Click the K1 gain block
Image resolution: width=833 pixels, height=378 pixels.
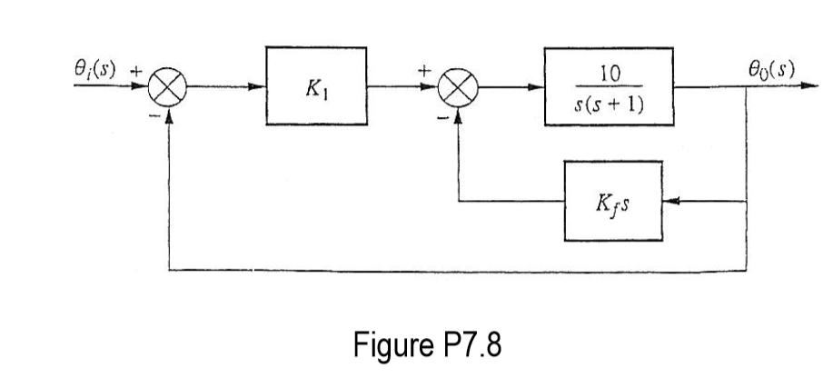[316, 87]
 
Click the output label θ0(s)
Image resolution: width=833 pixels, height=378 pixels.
[770, 69]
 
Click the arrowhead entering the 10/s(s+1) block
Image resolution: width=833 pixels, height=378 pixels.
[538, 89]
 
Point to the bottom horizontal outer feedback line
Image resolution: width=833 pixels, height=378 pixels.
[454, 270]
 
